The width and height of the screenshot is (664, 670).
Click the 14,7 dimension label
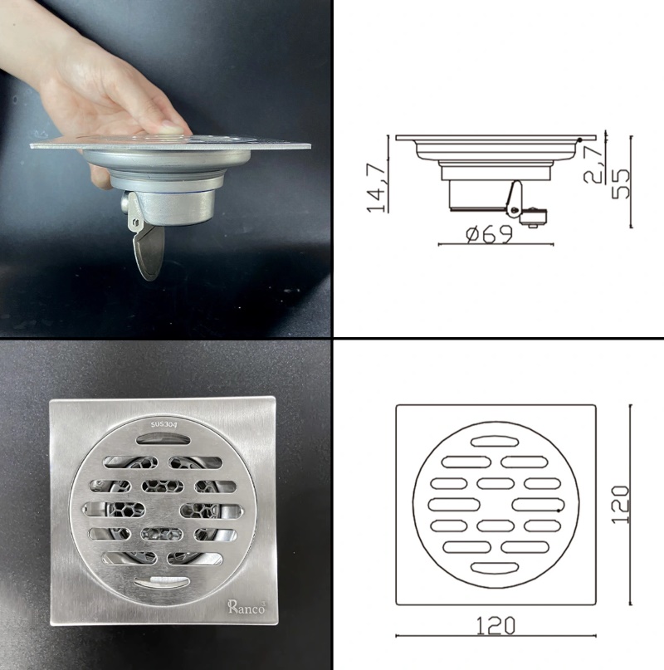click(378, 188)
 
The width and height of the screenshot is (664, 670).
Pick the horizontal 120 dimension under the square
click(496, 624)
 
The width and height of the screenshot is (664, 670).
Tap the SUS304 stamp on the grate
click(164, 425)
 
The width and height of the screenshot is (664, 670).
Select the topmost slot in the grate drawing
click(495, 440)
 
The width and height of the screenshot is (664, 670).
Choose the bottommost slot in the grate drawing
click(495, 567)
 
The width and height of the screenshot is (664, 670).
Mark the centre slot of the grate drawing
click(496, 503)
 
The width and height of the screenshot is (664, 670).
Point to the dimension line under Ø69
click(495, 244)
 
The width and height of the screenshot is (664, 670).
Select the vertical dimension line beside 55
click(632, 181)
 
